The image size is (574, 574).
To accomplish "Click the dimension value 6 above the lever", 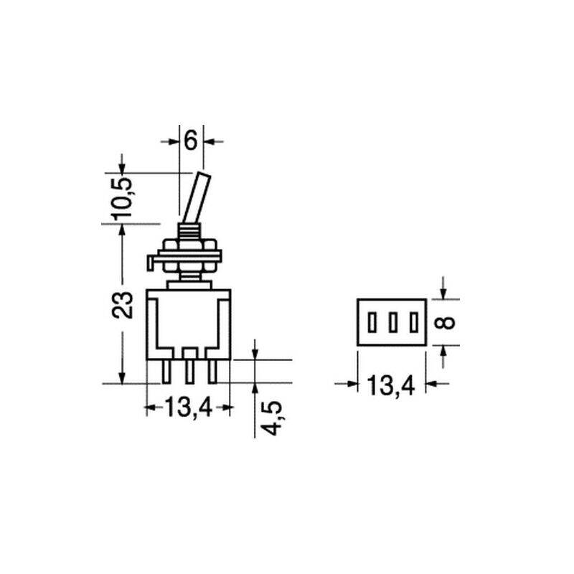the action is click(191, 141).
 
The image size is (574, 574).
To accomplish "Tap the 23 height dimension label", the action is click(122, 304).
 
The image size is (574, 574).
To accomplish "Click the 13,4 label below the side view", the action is click(189, 408).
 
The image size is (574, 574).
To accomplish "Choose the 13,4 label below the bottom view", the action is click(390, 385).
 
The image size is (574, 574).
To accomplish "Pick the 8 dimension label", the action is click(446, 323).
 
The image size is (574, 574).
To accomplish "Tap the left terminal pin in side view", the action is click(166, 371).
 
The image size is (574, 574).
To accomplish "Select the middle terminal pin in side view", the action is click(189, 371).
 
